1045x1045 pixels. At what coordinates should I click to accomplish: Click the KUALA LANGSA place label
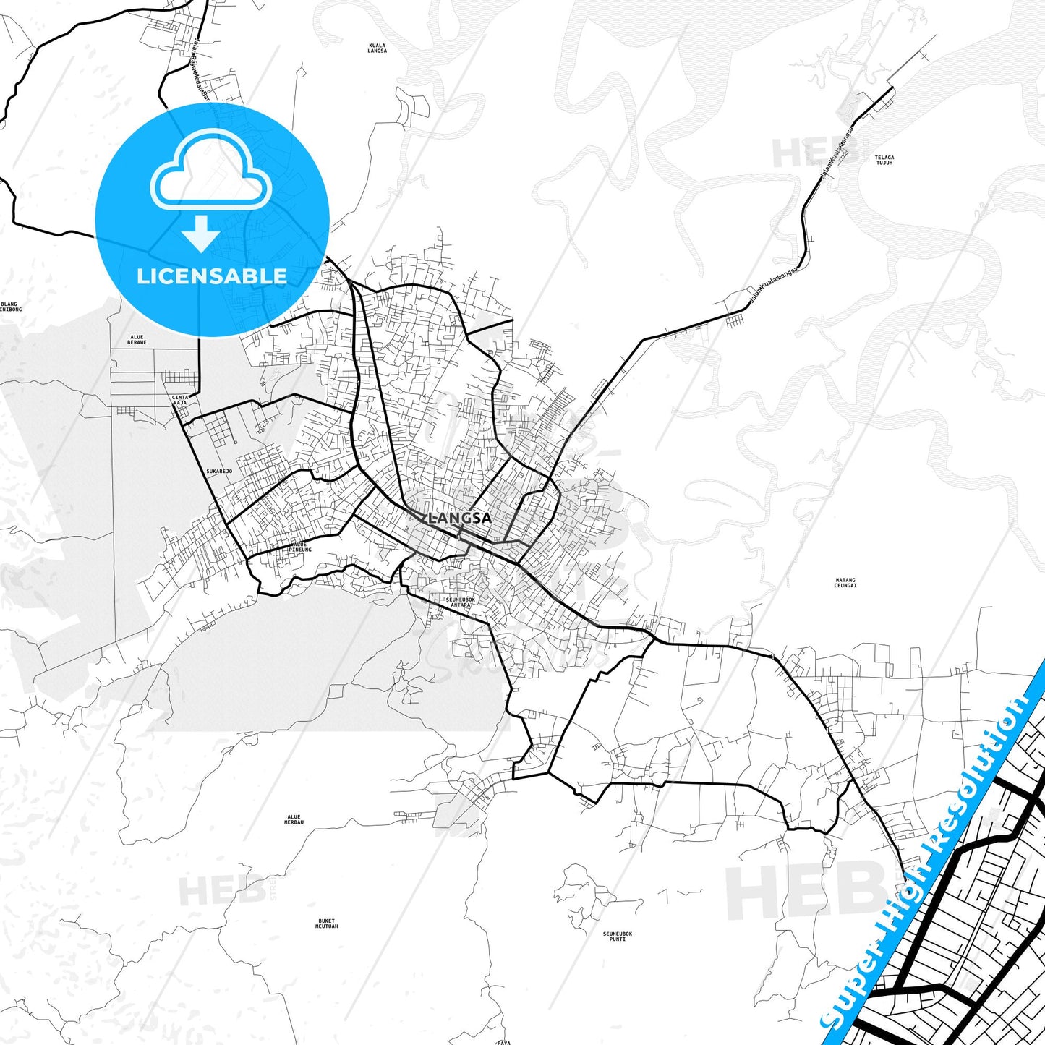point(377,48)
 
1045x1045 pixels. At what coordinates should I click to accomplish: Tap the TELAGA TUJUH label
point(884,160)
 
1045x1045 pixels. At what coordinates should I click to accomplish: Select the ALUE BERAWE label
point(137,339)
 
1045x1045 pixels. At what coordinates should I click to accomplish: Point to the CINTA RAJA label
point(180,400)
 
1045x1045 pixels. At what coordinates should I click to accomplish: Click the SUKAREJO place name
point(218,472)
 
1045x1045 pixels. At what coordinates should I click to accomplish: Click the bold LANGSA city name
point(460,518)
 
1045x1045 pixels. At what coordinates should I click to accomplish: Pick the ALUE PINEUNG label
point(299,547)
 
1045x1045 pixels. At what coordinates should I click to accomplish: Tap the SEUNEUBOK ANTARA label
point(460,602)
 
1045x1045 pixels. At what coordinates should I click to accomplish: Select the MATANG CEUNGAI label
point(845,582)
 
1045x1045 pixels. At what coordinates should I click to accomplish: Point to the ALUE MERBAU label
point(294,820)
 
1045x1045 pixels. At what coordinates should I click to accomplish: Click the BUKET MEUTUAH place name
point(327,924)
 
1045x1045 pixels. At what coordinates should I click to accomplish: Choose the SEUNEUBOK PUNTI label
point(617,936)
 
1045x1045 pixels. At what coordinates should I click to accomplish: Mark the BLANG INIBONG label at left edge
point(10,307)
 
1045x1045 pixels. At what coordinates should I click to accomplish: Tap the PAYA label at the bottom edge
point(504,1042)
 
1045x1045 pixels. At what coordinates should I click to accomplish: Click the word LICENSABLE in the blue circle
point(212,276)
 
